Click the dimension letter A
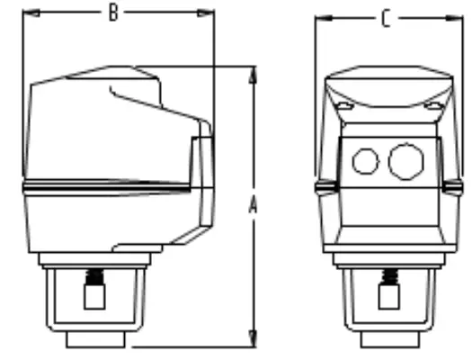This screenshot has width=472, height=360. coord(253,206)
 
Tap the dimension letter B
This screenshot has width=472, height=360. coord(113,12)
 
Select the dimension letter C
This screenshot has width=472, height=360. coord(386,18)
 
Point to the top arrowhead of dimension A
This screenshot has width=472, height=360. coord(253,71)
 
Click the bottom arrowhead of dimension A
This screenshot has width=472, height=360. coord(253,341)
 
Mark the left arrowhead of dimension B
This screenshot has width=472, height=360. coord(26,13)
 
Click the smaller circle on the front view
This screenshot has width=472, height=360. coord(364,161)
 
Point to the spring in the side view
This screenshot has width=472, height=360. coord(93,277)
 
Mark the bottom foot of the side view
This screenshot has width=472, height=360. coord(95,340)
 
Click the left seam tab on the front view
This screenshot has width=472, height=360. coord(322,187)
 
